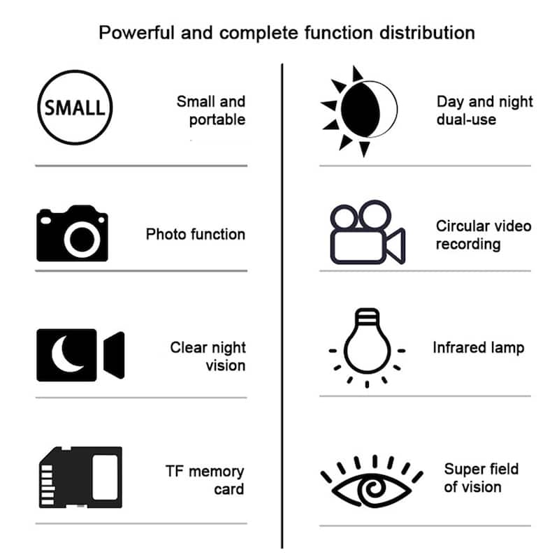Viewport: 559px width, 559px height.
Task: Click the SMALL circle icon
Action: [x=74, y=108]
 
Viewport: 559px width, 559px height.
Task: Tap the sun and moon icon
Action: [x=360, y=110]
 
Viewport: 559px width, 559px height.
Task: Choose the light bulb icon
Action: [x=366, y=343]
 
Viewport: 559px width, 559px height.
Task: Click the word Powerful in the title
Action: [x=136, y=32]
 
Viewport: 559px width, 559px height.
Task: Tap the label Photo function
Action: [x=196, y=234]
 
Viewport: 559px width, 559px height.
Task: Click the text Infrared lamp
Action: [x=478, y=347]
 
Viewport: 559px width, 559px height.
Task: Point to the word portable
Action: [x=217, y=119]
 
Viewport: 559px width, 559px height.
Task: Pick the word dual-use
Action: [x=466, y=119]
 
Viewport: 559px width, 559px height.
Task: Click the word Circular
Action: [x=462, y=226]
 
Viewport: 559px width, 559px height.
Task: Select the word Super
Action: [x=463, y=468]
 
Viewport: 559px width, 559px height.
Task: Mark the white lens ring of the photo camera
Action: [x=82, y=240]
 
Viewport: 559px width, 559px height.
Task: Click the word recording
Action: [x=468, y=244]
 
